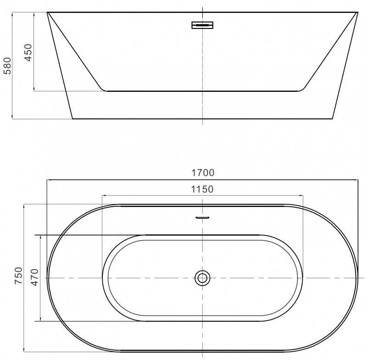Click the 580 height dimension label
point(7,66)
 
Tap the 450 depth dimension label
point(28,53)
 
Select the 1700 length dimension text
point(203,173)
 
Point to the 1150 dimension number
point(202,189)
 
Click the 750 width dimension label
point(18,276)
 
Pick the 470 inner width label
point(35,277)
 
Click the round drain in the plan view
point(202,278)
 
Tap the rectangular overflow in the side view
point(202,25)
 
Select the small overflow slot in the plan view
point(202,218)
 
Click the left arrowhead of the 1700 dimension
point(49,180)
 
